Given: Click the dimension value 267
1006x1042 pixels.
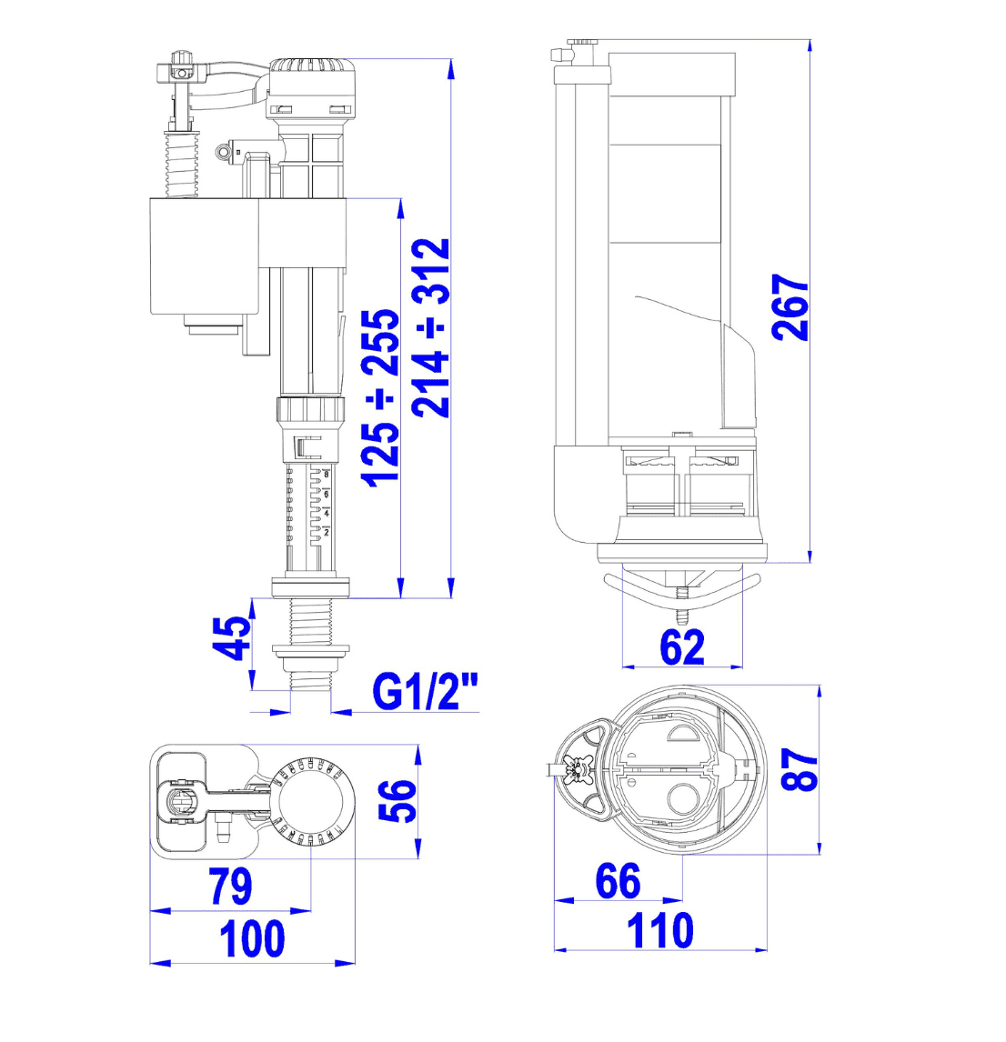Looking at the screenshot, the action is (790, 307).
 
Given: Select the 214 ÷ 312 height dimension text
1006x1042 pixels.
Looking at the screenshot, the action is (431, 327).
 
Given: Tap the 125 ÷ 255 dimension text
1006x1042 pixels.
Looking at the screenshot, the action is (380, 397).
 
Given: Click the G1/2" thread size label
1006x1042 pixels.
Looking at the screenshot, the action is (425, 691).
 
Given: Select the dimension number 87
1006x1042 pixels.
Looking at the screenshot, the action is (799, 769).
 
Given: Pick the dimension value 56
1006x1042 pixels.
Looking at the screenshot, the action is (397, 800).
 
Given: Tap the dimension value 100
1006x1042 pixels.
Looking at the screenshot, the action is (253, 938).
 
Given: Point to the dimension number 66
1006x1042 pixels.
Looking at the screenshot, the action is (618, 880).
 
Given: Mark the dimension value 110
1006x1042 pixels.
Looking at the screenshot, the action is (660, 930).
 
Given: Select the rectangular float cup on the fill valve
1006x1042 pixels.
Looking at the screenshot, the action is (204, 255).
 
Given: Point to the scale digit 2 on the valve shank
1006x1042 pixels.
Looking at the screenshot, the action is (327, 532).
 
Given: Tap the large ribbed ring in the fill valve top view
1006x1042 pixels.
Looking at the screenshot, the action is (312, 801).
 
